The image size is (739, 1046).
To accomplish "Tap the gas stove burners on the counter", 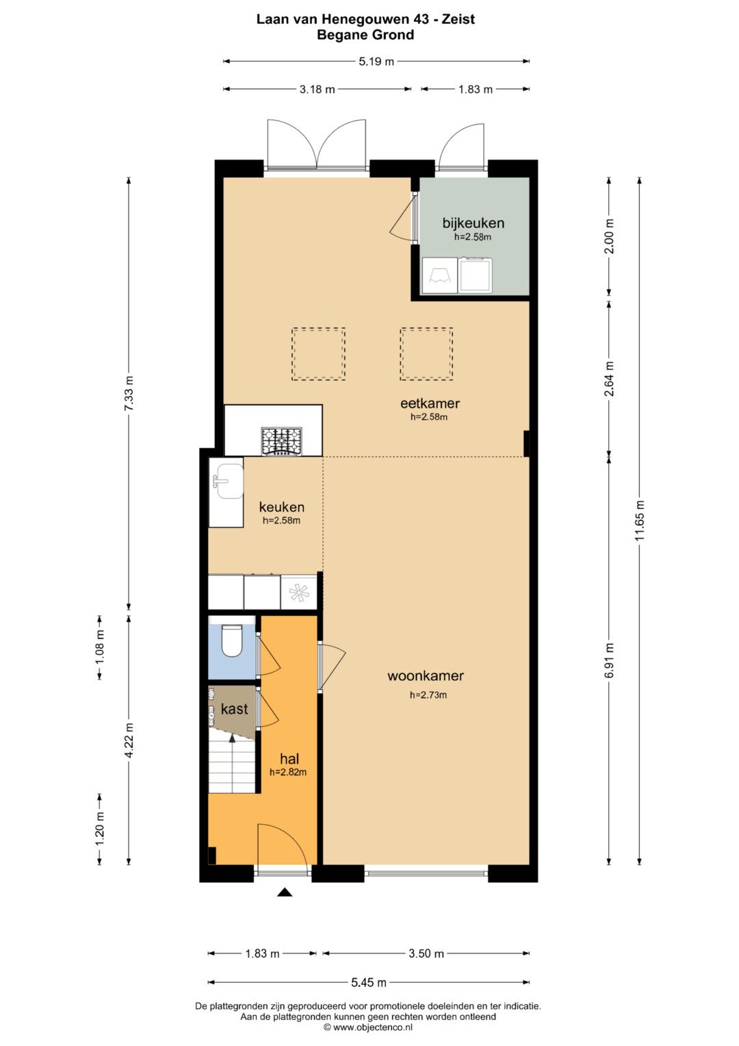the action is [281, 441].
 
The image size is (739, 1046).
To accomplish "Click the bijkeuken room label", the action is [473, 223].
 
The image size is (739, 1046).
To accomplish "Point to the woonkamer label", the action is [426, 675].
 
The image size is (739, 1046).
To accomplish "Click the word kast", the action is [234, 709].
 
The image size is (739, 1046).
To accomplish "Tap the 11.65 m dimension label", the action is [639, 520].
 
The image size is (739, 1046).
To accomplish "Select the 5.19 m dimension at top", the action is [376, 61].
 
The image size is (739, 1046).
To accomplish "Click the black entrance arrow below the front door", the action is [285, 893].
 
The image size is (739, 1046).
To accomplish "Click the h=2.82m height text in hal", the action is [288, 773].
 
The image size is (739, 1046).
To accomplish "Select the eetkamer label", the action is [430, 403].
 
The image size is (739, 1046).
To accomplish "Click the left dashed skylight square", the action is [319, 353].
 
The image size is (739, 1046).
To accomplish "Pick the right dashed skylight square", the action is [426, 353].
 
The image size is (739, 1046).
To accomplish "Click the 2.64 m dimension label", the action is [609, 378].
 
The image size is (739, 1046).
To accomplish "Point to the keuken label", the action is [282, 507].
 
